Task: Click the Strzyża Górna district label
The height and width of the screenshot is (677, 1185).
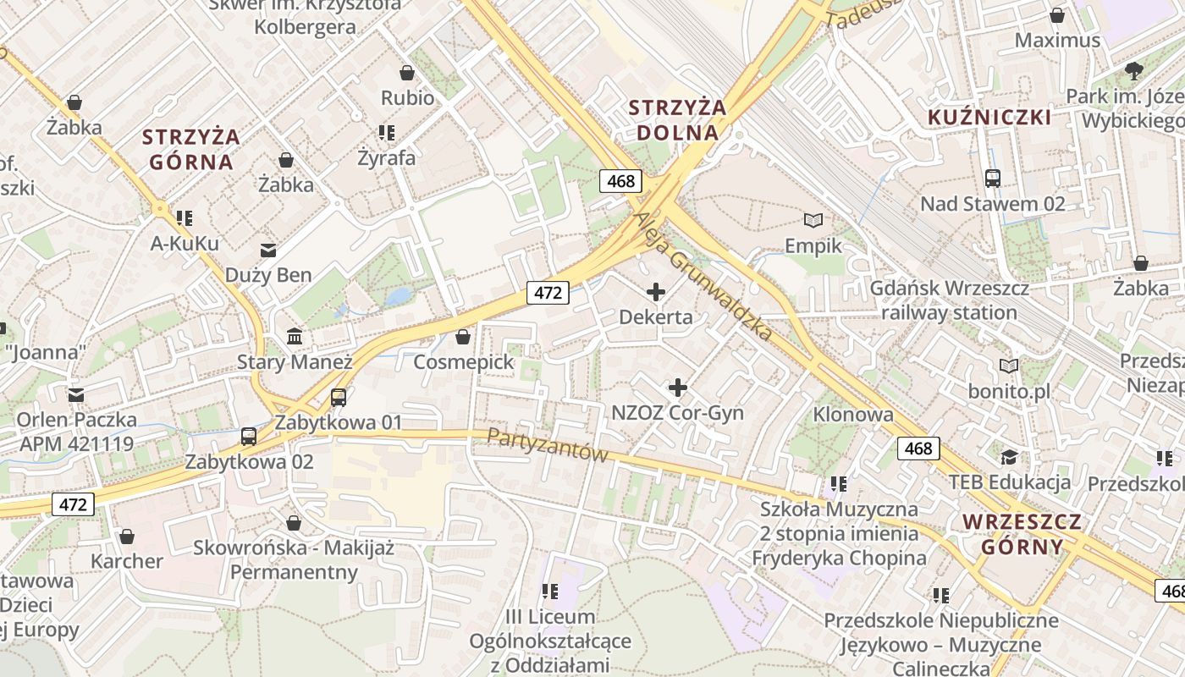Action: [x=190, y=149]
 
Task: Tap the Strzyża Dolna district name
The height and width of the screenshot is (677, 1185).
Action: [x=678, y=120]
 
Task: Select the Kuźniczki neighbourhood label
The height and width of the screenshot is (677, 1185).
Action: [x=989, y=117]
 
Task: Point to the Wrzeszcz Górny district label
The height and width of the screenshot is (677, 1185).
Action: [x=1022, y=533]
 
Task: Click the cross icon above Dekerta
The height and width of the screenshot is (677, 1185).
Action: [x=656, y=293]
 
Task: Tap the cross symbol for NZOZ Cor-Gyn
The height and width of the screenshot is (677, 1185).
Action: [x=678, y=388]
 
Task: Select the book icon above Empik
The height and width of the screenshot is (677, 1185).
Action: [x=813, y=221]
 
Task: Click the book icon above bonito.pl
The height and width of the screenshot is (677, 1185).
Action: [x=1009, y=366]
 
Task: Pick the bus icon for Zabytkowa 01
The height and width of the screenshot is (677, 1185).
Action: [x=339, y=397]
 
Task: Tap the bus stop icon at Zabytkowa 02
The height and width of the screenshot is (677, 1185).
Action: [x=249, y=437]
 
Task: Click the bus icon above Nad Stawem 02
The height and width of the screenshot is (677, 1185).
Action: [x=993, y=179]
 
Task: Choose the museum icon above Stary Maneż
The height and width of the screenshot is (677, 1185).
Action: [x=295, y=337]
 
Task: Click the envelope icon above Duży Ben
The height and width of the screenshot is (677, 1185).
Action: [x=268, y=250]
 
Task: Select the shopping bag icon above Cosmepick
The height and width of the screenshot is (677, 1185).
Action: [x=463, y=337]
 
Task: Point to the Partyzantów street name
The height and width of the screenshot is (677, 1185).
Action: [x=548, y=445]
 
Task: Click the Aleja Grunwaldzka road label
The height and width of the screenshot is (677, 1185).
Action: [x=703, y=275]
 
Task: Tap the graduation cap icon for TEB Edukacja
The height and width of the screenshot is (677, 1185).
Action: [x=1009, y=458]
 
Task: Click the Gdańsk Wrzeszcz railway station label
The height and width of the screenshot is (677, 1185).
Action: [x=949, y=300]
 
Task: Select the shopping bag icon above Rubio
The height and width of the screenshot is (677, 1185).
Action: [x=407, y=73]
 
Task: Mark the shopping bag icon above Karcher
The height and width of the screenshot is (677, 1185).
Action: [x=127, y=537]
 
